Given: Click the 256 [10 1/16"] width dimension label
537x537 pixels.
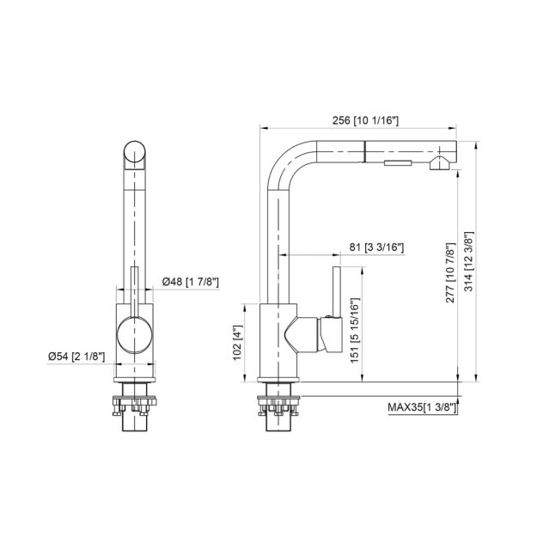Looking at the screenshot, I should pos(363,121).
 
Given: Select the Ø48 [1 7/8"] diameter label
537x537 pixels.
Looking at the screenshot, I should pos(189,281).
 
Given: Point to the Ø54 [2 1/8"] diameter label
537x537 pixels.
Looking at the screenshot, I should pos(77,356).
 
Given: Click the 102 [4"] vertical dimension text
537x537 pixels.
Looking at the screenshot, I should pos(240,342).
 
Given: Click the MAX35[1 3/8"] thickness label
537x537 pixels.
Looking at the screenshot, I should pos(422,408).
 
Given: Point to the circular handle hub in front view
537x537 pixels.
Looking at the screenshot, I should pos(133,334).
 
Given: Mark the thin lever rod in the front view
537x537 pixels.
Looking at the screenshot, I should pos(134,288).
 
